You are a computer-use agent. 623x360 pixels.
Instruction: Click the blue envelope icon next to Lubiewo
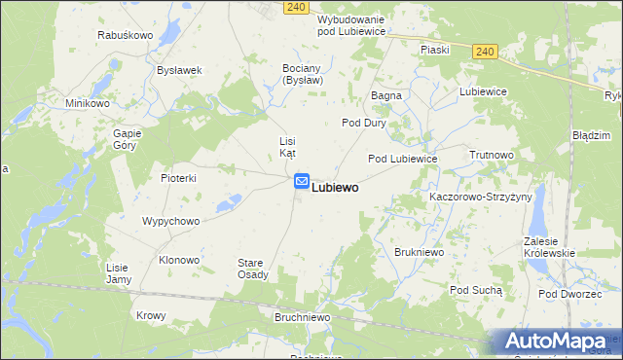point(302,181)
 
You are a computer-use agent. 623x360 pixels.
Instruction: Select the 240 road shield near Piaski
point(487,52)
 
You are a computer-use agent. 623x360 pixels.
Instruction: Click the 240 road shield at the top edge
point(298,7)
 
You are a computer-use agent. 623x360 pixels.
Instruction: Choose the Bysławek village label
point(179,70)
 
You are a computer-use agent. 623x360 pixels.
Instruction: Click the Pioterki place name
point(179,178)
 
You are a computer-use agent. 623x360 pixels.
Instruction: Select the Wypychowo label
point(170,221)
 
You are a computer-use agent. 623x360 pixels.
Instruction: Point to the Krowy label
point(151,315)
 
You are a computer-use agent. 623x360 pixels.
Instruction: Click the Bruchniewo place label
point(300,317)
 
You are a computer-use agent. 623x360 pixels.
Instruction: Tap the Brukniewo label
point(420,252)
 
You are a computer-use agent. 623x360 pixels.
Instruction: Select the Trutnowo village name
point(491,155)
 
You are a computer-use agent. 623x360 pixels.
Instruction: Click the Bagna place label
point(386,96)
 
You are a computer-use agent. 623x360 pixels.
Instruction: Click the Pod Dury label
point(363,124)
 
